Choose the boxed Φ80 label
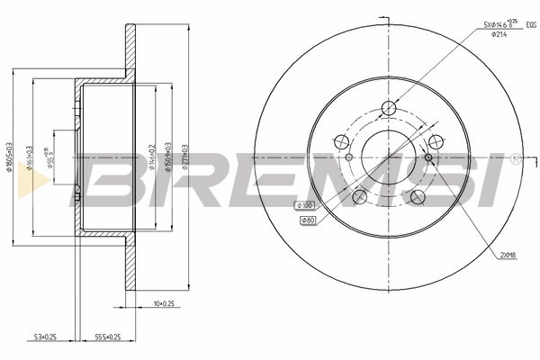[x=308, y=220]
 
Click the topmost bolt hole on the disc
[x=389, y=110]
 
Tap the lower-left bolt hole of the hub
[x=359, y=197]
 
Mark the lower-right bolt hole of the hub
[x=418, y=197]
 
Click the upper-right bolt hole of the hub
[x=436, y=141]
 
